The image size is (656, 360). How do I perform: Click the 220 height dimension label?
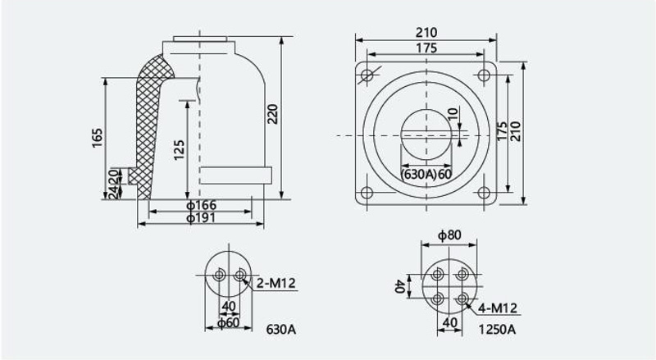point(272,114)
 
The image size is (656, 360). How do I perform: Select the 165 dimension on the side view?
point(97,138)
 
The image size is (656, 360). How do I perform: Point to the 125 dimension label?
point(179,150)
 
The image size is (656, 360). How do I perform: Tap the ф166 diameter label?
point(202,205)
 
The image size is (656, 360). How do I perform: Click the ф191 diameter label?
point(201,217)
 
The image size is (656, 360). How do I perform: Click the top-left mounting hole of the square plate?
point(367,75)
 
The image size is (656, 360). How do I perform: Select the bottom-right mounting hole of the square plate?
point(484,193)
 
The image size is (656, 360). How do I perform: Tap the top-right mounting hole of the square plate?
point(484,75)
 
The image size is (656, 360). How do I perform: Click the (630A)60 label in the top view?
point(426,173)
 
